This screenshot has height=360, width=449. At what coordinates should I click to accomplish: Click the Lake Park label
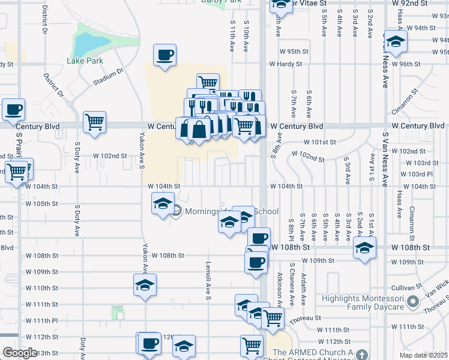[85, 61]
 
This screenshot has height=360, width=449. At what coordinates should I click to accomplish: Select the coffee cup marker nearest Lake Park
[164, 56]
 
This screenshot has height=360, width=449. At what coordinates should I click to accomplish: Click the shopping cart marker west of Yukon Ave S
[95, 122]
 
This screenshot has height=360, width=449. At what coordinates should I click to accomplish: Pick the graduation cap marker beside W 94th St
[396, 42]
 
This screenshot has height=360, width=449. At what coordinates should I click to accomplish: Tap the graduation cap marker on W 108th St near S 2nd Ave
[364, 247]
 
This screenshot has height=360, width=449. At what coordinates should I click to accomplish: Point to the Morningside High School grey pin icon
[177, 211]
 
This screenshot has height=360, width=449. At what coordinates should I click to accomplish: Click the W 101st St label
[319, 142]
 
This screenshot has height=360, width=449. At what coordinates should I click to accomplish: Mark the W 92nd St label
[410, 3]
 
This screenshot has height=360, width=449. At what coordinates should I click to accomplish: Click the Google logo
[20, 353]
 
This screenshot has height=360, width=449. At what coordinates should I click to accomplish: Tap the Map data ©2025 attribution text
[423, 355]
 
